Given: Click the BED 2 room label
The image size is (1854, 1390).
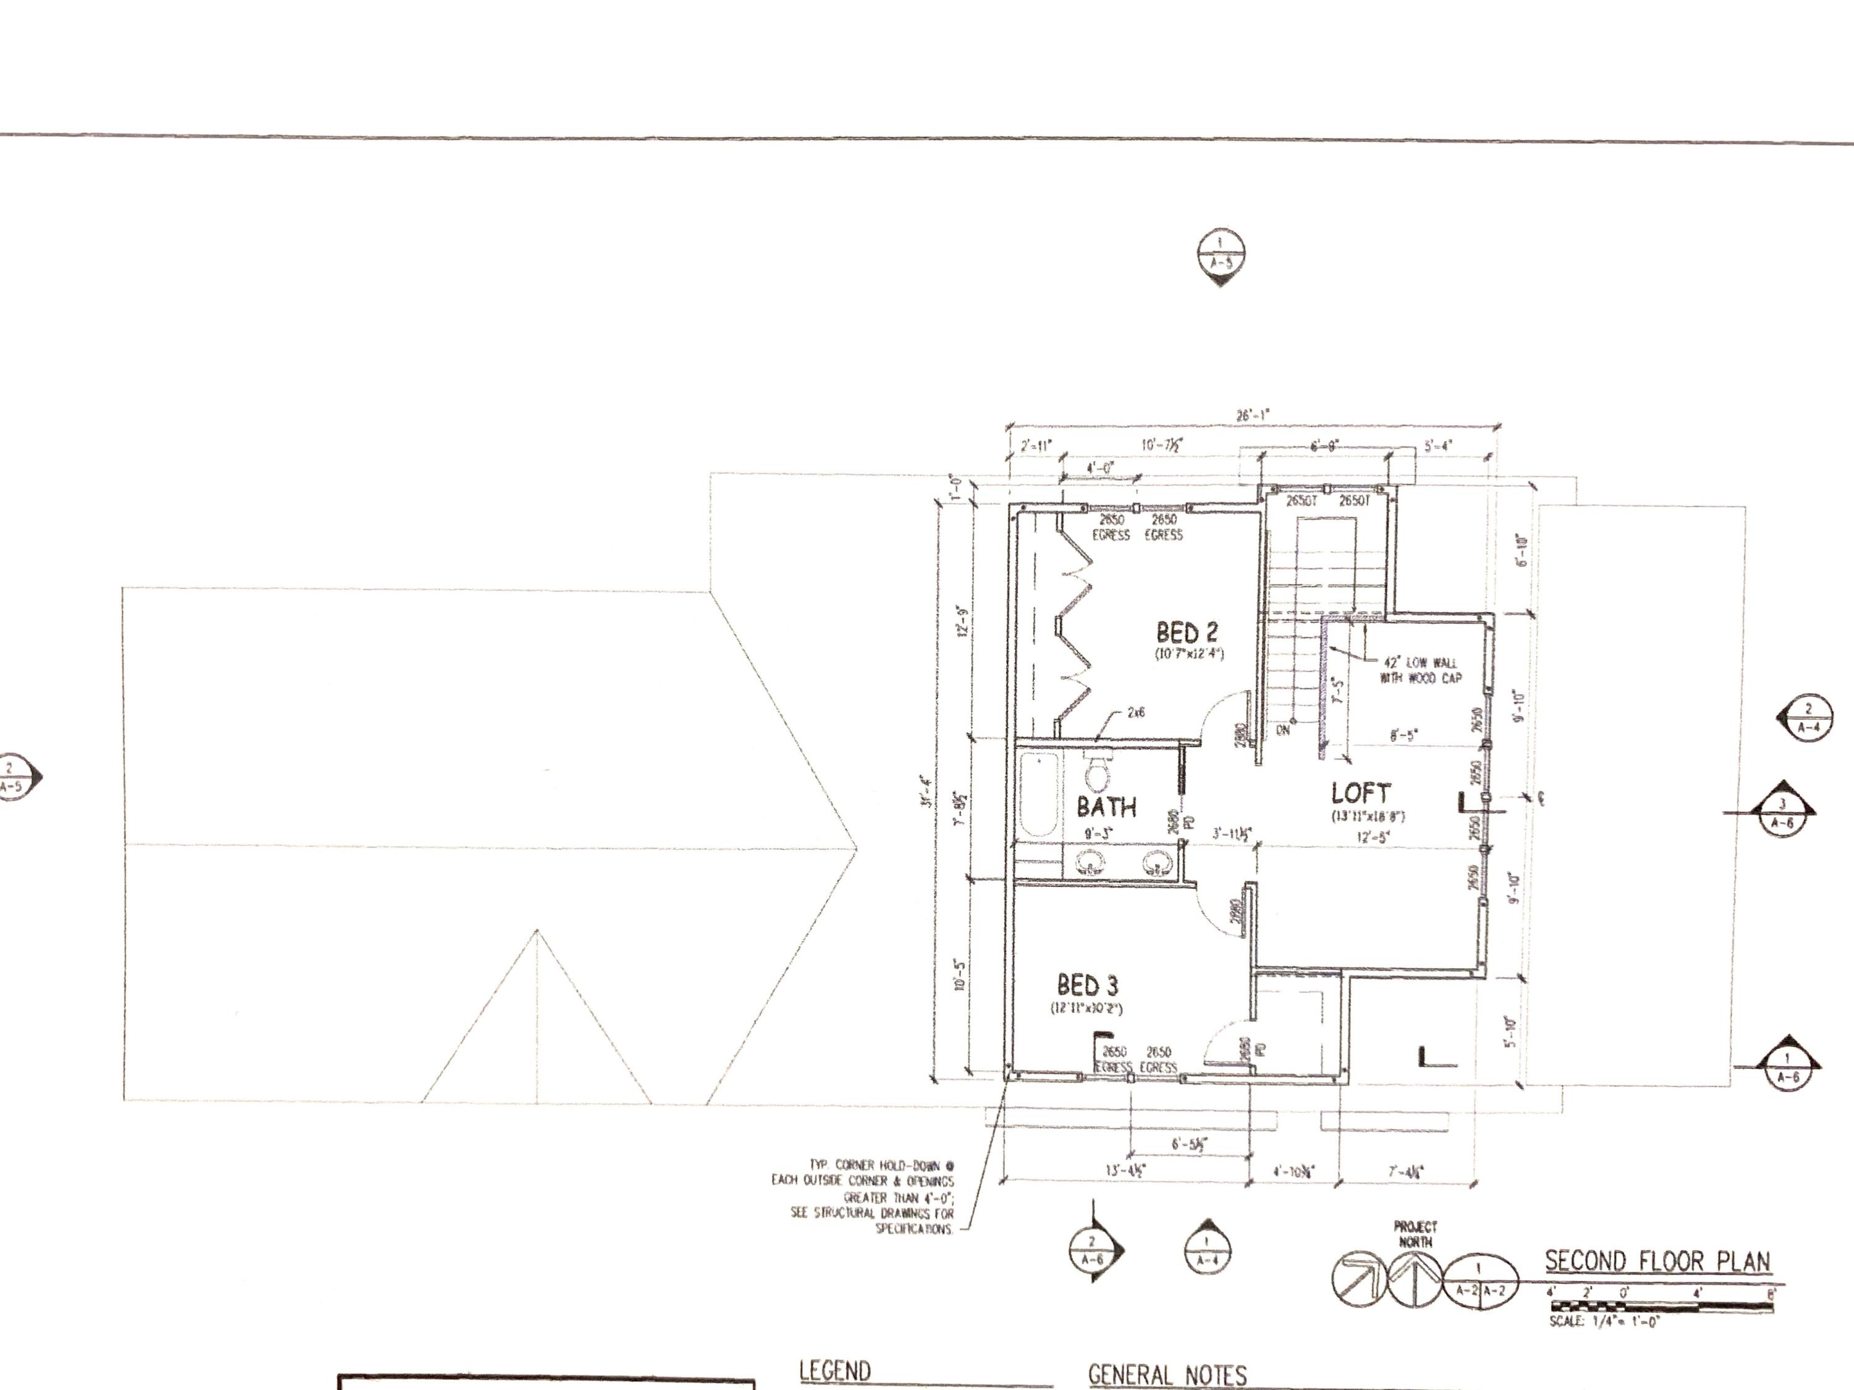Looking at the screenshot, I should pos(1187,633).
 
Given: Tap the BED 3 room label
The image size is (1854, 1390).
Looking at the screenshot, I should pos(1087,985).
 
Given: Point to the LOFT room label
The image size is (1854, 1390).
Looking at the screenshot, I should pos(1360,793).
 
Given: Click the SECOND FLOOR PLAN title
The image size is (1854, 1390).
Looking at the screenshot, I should pos(1657,1262).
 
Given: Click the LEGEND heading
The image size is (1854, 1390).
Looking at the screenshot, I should pos(835,1371).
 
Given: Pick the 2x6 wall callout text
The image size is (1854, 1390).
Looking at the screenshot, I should pos(1136,713).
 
